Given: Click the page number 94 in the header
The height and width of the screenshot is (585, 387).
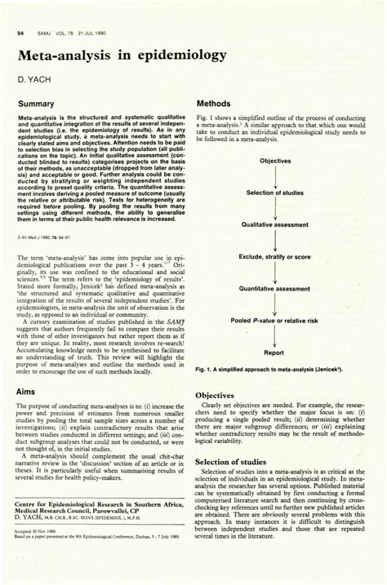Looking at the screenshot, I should point(19,32).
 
